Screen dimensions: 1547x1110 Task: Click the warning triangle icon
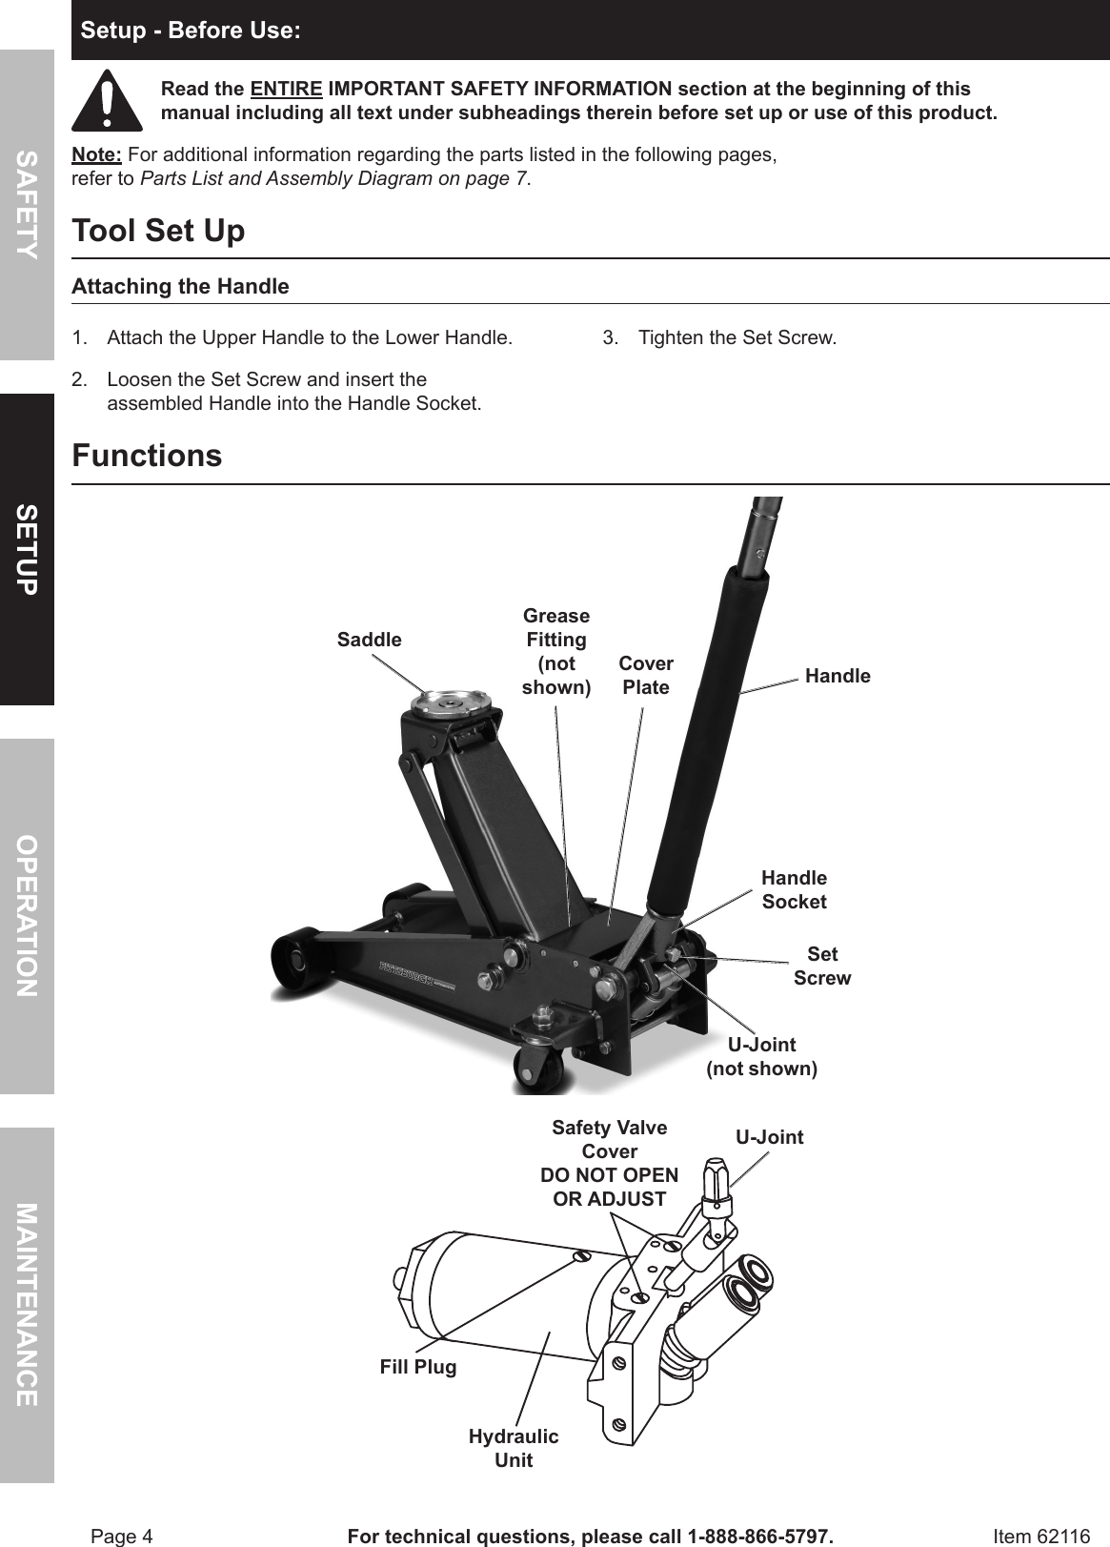107,101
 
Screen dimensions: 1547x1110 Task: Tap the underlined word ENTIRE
286,90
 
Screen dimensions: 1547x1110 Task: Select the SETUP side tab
27,549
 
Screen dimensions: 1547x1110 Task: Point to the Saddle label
369,640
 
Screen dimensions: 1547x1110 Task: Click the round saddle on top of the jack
452,704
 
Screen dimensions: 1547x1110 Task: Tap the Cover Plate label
646,675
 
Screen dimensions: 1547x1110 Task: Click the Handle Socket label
794,889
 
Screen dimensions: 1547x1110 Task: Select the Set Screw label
822,966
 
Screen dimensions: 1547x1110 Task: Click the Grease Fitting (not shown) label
556,651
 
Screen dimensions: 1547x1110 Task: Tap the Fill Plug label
418,1367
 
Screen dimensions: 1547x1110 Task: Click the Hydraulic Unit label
514,1448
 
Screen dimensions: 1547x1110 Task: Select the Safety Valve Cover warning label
610,1163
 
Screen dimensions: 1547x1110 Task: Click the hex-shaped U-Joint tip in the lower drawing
715,1173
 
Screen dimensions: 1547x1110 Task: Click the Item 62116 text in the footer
1040,1537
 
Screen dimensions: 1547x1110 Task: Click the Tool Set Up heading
158,231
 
